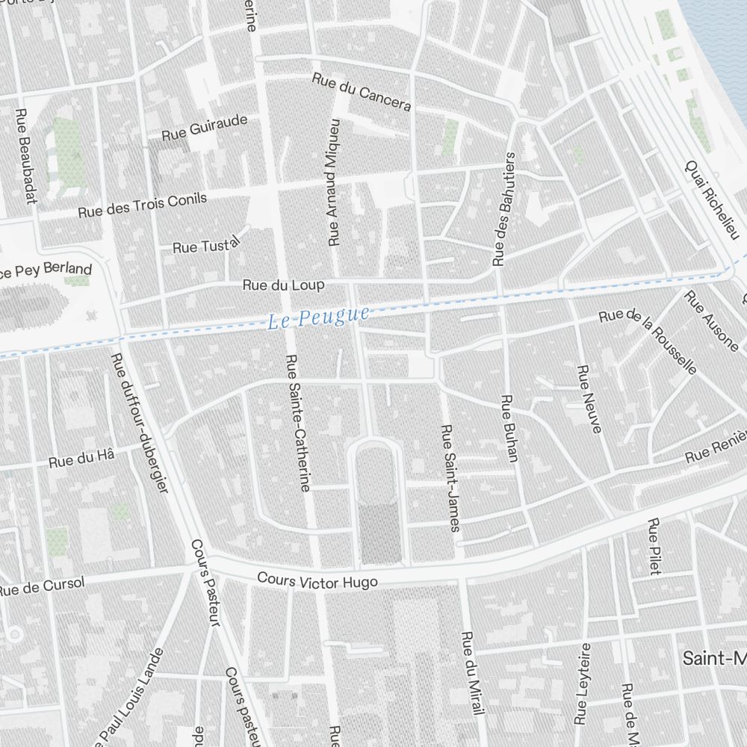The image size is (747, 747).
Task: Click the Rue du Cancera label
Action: (362, 93)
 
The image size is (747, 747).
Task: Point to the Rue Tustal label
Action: (205, 244)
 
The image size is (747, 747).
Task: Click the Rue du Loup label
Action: (283, 285)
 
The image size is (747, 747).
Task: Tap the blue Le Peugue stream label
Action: (318, 318)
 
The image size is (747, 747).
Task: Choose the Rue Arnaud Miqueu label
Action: (334, 182)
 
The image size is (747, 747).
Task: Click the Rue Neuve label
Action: (592, 400)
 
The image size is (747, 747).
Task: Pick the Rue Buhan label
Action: (509, 429)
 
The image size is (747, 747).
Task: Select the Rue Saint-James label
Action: (450, 478)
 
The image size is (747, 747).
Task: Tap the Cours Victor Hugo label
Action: (317, 580)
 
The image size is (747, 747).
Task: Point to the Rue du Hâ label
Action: (81, 458)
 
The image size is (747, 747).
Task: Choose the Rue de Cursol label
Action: (41, 587)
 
